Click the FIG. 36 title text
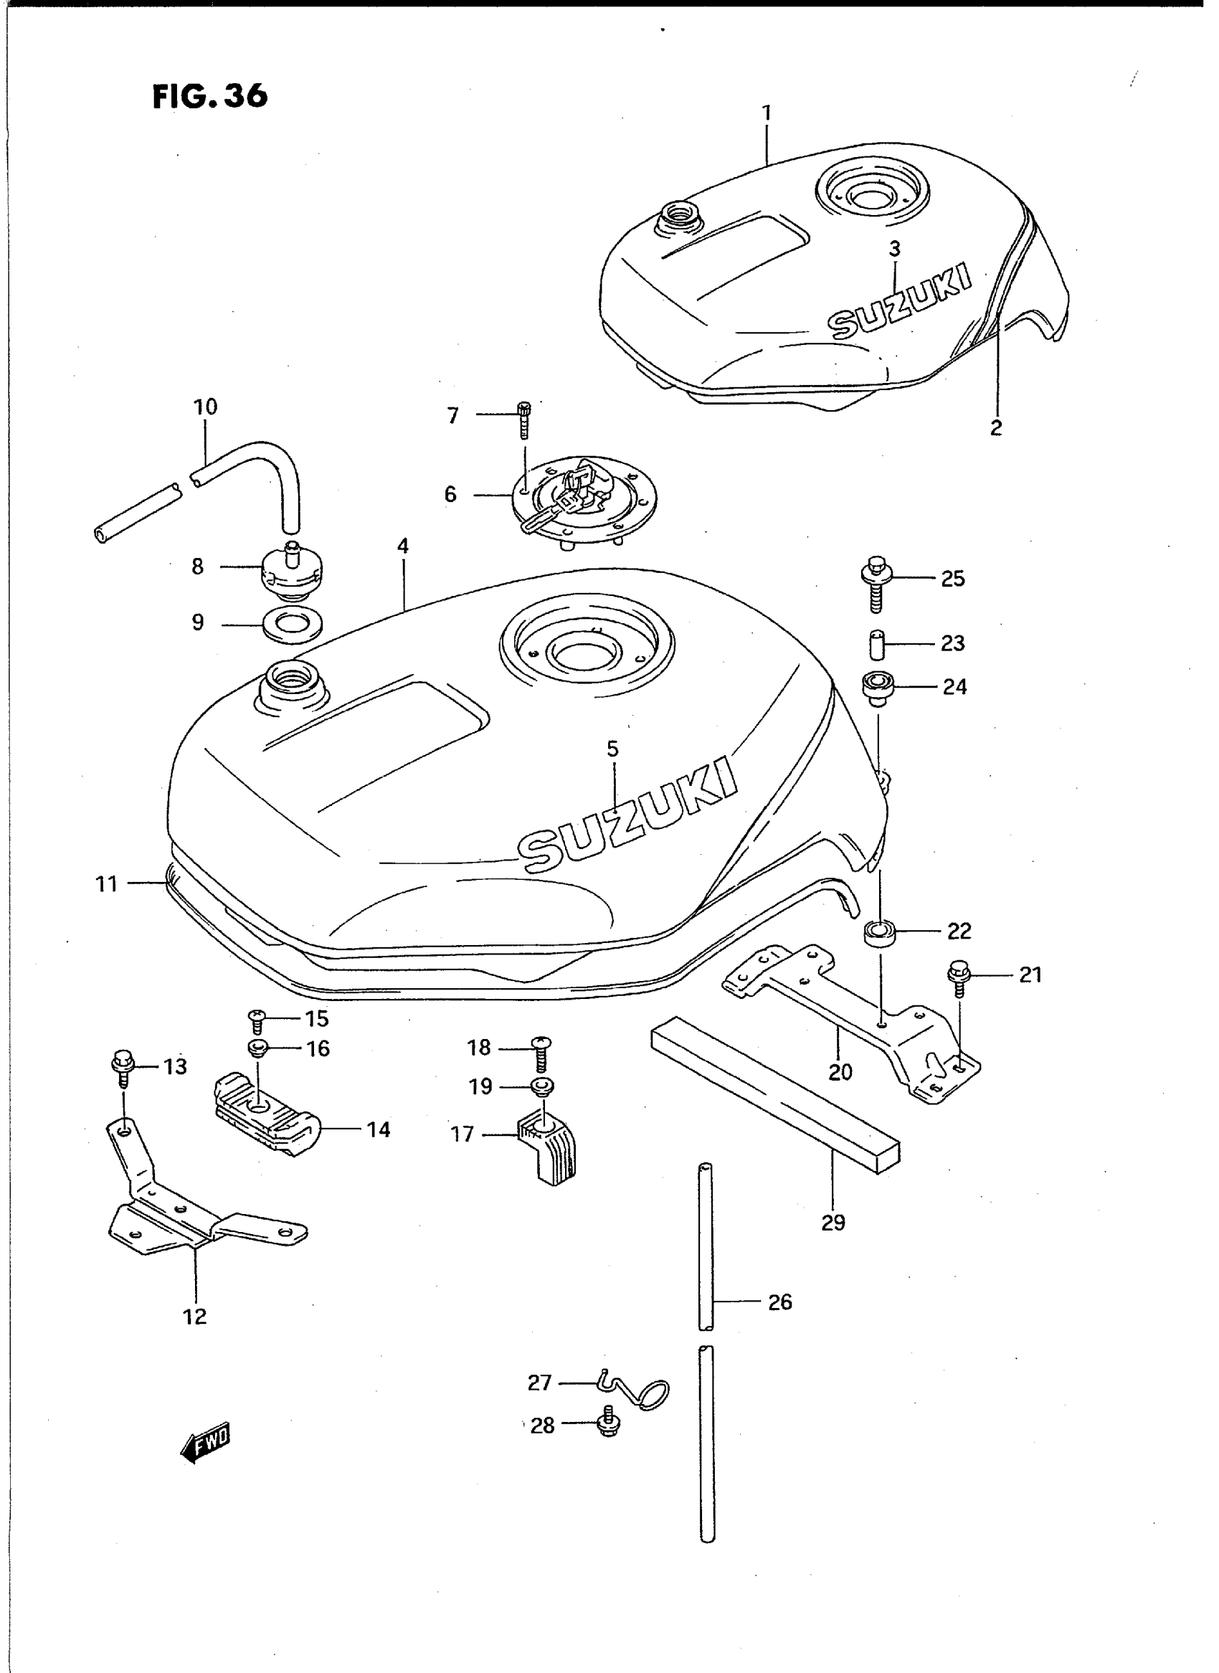[x=209, y=96]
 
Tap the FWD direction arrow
[x=206, y=1439]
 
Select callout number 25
[x=953, y=579]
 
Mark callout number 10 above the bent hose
[x=206, y=407]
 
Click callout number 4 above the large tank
[x=403, y=546]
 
